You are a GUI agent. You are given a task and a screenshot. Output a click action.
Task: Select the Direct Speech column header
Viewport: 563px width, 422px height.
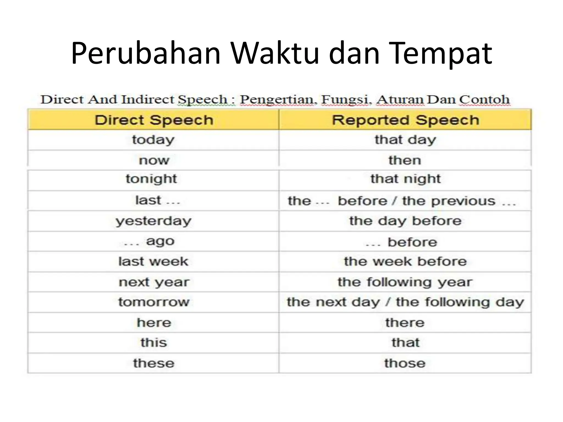point(154,120)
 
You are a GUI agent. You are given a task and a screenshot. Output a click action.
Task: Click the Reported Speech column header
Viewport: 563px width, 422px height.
point(405,120)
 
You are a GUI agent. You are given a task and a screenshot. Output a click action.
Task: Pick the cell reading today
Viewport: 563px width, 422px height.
point(153,140)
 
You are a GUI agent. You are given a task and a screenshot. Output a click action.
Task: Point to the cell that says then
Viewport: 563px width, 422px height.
point(405,160)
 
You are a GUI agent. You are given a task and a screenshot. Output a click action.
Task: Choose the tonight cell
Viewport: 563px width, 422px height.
point(151,179)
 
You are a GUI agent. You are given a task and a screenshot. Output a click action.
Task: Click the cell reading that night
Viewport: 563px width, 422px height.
point(405,179)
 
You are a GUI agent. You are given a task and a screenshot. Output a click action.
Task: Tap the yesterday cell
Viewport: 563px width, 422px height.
point(153,221)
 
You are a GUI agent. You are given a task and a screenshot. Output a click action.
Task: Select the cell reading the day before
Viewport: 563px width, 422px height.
point(405,221)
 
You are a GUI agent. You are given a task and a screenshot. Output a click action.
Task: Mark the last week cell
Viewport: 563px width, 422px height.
point(153,261)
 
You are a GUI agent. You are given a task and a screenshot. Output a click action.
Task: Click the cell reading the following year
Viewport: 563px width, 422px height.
point(405,282)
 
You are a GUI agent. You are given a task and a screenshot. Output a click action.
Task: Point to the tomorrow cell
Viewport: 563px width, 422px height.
point(154,302)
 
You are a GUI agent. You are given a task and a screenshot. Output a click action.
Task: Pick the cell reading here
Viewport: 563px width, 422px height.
point(154,323)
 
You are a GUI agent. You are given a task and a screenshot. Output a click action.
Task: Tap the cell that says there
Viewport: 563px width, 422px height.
point(405,323)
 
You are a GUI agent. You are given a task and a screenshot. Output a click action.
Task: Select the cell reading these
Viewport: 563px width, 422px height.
point(154,363)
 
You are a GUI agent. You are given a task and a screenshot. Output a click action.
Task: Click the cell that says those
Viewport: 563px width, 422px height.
point(405,363)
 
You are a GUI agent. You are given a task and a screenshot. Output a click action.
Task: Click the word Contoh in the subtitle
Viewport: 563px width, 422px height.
point(485,99)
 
